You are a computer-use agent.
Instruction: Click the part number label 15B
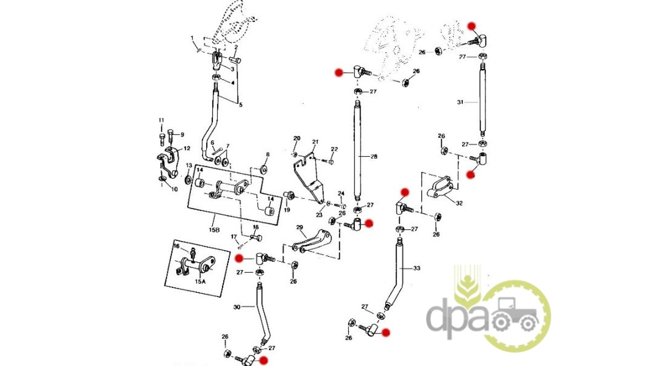[214, 230]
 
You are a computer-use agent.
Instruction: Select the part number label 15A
[200, 281]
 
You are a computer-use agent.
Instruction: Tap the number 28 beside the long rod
[374, 156]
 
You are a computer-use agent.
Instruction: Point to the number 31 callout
[460, 102]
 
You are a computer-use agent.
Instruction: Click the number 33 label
[417, 268]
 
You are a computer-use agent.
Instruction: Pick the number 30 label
[237, 307]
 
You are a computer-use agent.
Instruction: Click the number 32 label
[459, 203]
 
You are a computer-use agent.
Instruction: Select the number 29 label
[300, 227]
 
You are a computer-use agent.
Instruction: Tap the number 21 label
[315, 142]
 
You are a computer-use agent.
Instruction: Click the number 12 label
[187, 148]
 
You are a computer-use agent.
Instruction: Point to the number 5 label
[241, 105]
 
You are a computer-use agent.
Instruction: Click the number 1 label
[192, 38]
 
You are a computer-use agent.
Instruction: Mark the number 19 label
[287, 210]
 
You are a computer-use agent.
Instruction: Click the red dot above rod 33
[405, 192]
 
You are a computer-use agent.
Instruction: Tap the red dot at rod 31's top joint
[471, 26]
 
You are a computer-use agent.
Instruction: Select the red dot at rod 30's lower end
[263, 361]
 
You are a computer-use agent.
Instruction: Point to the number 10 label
[174, 189]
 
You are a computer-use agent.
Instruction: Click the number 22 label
[334, 149]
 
